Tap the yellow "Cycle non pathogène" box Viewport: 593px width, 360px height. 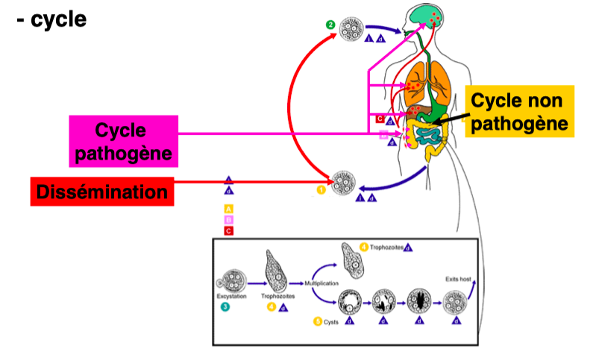518,112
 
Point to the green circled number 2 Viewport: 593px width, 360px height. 330,25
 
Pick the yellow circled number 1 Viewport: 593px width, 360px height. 321,190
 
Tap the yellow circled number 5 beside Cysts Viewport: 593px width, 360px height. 317,321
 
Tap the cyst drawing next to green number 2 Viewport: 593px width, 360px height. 352,29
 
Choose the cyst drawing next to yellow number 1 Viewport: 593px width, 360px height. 342,182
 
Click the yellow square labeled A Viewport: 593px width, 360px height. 229,209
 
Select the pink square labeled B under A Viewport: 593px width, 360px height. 229,220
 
